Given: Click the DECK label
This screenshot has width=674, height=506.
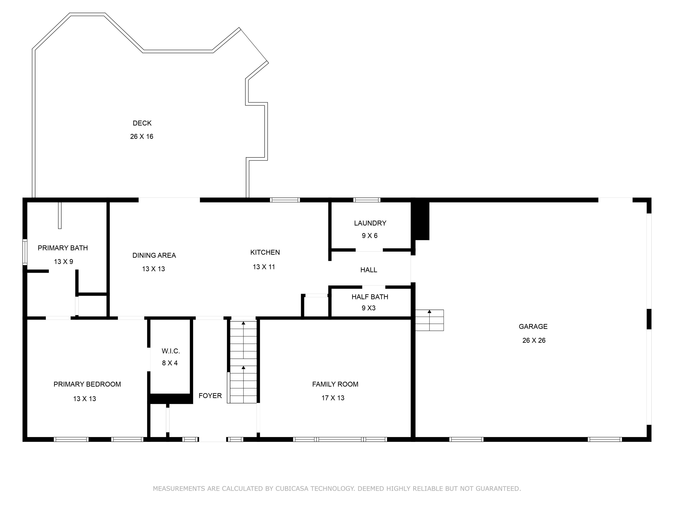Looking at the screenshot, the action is pyautogui.click(x=142, y=123).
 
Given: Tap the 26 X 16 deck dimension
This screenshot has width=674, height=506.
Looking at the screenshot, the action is pyautogui.click(x=142, y=136).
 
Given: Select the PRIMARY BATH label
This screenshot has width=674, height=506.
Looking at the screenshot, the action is pyautogui.click(x=63, y=248).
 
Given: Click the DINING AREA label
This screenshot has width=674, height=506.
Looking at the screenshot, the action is pyautogui.click(x=154, y=255).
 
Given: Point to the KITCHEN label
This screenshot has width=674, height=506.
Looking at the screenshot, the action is pyautogui.click(x=265, y=252).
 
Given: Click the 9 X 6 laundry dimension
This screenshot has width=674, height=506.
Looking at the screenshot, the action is pyautogui.click(x=370, y=235).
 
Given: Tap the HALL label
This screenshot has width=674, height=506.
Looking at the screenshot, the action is pyautogui.click(x=369, y=270).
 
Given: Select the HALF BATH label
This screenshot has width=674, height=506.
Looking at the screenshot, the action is pyautogui.click(x=370, y=297).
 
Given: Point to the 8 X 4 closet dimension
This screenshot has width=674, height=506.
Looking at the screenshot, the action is pyautogui.click(x=170, y=363).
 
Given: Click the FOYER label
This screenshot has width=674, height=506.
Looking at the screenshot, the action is pyautogui.click(x=210, y=396).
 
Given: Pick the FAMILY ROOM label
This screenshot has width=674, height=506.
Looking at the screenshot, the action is pyautogui.click(x=335, y=384).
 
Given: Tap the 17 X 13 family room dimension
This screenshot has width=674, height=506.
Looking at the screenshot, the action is pyautogui.click(x=333, y=398).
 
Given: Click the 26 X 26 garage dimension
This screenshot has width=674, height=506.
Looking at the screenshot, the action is pyautogui.click(x=534, y=340).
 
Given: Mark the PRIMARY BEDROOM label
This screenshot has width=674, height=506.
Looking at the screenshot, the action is pyautogui.click(x=87, y=384).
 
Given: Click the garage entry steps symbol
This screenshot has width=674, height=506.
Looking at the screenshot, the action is pyautogui.click(x=429, y=320).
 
